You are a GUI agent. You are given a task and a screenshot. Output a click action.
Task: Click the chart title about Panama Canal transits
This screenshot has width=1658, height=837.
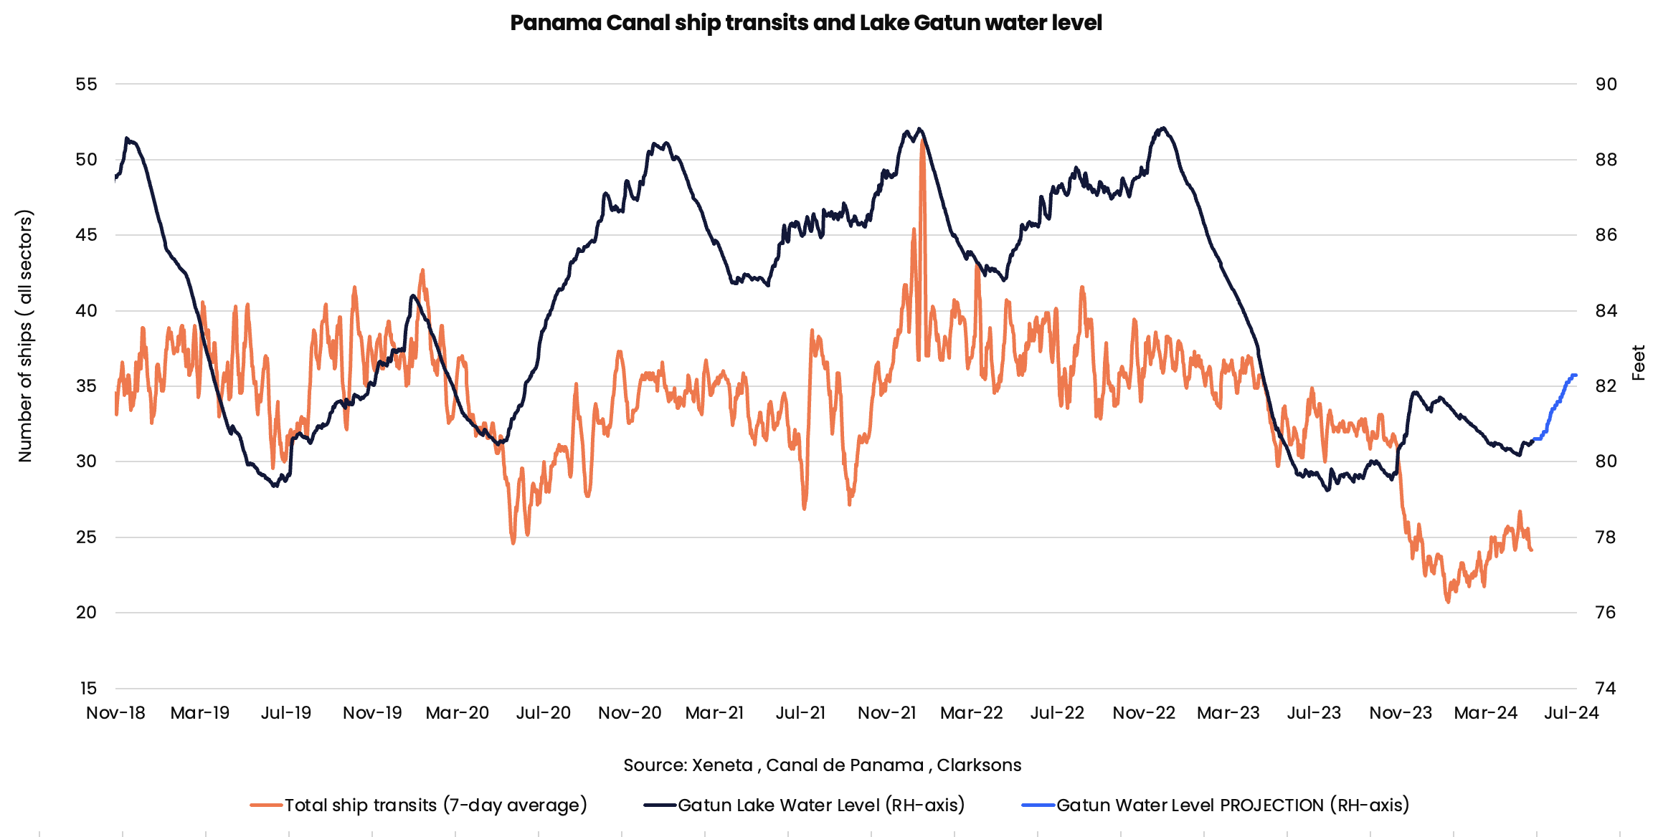pyautogui.click(x=805, y=23)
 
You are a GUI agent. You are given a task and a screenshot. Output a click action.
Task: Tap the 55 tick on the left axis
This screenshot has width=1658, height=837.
pyautogui.click(x=86, y=85)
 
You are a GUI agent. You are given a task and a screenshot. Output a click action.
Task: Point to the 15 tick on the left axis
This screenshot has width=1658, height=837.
pyautogui.click(x=87, y=689)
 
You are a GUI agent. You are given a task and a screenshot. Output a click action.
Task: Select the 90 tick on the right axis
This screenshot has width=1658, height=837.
pyautogui.click(x=1606, y=85)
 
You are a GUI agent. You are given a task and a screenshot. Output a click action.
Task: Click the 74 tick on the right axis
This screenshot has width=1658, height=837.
pyautogui.click(x=1606, y=689)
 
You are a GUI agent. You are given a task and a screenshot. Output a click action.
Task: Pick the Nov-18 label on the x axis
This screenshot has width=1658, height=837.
pyautogui.click(x=115, y=713)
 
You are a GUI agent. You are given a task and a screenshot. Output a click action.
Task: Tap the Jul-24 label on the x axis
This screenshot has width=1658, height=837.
pyautogui.click(x=1571, y=713)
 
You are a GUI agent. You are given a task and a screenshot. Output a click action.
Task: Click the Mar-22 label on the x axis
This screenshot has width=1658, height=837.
pyautogui.click(x=971, y=713)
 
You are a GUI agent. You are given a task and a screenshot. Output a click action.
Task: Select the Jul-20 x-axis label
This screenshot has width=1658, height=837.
pyautogui.click(x=543, y=713)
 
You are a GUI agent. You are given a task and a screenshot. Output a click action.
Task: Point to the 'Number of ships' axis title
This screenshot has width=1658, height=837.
pyautogui.click(x=25, y=336)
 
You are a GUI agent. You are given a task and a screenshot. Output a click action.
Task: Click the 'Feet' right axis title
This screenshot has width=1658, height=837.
pyautogui.click(x=1638, y=363)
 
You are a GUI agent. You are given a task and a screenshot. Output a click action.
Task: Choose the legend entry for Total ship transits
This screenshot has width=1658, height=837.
pyautogui.click(x=435, y=805)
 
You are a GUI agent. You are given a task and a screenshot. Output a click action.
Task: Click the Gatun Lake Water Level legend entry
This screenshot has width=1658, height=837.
pyautogui.click(x=820, y=805)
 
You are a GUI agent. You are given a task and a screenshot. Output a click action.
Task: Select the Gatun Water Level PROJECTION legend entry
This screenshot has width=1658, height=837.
pyautogui.click(x=1232, y=805)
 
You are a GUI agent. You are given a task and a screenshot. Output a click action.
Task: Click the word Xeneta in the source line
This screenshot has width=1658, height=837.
pyautogui.click(x=721, y=765)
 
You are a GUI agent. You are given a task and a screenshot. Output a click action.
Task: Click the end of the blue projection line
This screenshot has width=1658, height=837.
pyautogui.click(x=1576, y=375)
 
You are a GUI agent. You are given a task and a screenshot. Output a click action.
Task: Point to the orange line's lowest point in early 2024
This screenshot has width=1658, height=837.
pyautogui.click(x=1448, y=602)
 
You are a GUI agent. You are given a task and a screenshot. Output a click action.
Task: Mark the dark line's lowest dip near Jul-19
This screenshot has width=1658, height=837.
pyautogui.click(x=275, y=487)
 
